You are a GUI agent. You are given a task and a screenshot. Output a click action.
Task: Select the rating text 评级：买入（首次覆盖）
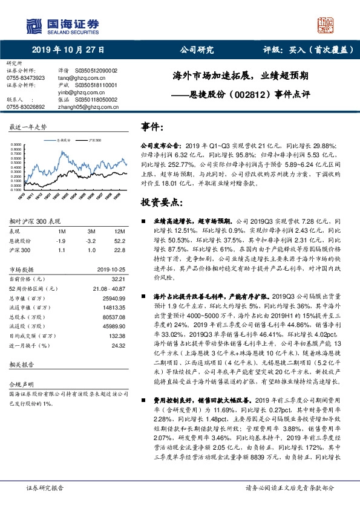tap(299, 51)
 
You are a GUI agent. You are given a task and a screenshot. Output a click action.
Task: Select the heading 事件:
tap(152, 127)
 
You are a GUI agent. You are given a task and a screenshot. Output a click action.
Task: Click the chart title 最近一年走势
tap(28, 128)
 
